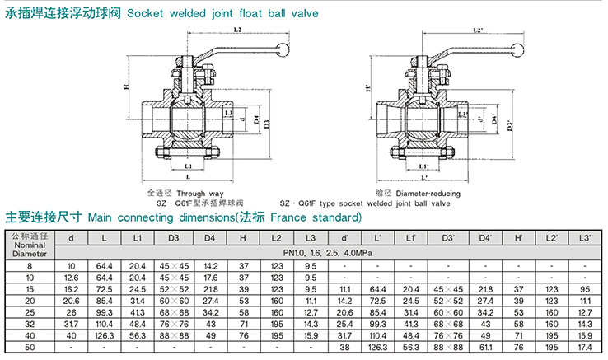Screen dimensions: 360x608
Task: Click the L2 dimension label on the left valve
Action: click(x=237, y=30)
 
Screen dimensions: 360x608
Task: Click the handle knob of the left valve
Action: click(x=281, y=48)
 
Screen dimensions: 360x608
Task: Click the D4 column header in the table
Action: click(x=209, y=238)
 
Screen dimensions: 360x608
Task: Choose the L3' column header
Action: click(x=585, y=238)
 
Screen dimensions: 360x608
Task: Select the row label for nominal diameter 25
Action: click(x=30, y=313)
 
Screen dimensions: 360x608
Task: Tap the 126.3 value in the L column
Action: click(x=104, y=336)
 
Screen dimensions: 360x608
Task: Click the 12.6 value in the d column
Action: click(x=72, y=278)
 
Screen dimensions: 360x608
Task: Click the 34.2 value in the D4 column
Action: click(x=209, y=313)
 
